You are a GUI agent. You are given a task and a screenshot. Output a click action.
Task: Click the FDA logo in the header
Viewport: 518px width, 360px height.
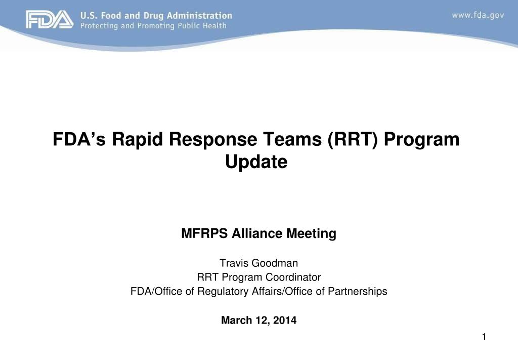(x=50, y=20)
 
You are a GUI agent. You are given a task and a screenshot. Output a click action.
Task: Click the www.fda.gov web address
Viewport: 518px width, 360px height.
(x=478, y=15)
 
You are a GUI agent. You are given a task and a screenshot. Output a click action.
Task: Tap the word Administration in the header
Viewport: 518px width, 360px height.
(x=199, y=16)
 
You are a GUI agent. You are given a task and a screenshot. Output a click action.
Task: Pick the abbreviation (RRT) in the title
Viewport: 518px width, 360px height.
(x=353, y=139)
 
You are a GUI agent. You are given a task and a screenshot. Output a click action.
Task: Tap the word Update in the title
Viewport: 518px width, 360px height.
(x=256, y=162)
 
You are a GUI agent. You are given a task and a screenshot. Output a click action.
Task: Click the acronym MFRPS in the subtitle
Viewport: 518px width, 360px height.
(x=204, y=233)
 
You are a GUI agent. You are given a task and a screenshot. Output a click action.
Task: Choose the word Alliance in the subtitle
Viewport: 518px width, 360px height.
(x=257, y=233)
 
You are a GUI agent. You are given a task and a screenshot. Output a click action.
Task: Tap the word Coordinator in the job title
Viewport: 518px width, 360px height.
(x=293, y=277)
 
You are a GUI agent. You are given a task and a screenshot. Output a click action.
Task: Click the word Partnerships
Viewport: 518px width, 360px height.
(x=358, y=291)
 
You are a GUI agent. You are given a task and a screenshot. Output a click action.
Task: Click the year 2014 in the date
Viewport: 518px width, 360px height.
(x=285, y=320)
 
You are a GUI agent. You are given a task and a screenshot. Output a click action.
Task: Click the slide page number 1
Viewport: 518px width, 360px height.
(x=484, y=337)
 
